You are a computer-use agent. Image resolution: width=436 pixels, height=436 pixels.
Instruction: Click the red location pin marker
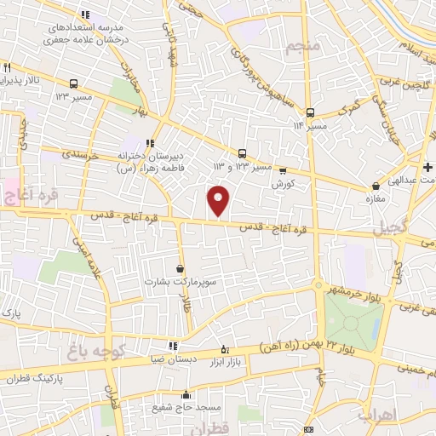219,200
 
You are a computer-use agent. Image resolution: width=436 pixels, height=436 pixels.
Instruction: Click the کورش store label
282,183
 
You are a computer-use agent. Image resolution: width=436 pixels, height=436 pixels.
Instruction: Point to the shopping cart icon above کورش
282,170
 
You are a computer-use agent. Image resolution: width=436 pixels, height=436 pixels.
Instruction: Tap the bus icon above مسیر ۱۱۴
310,112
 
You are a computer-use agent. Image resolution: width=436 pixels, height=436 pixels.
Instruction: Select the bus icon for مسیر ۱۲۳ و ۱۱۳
243,153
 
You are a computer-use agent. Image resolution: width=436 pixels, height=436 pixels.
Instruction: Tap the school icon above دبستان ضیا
174,347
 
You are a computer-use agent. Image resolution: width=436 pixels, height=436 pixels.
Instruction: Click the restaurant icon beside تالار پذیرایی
8,66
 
